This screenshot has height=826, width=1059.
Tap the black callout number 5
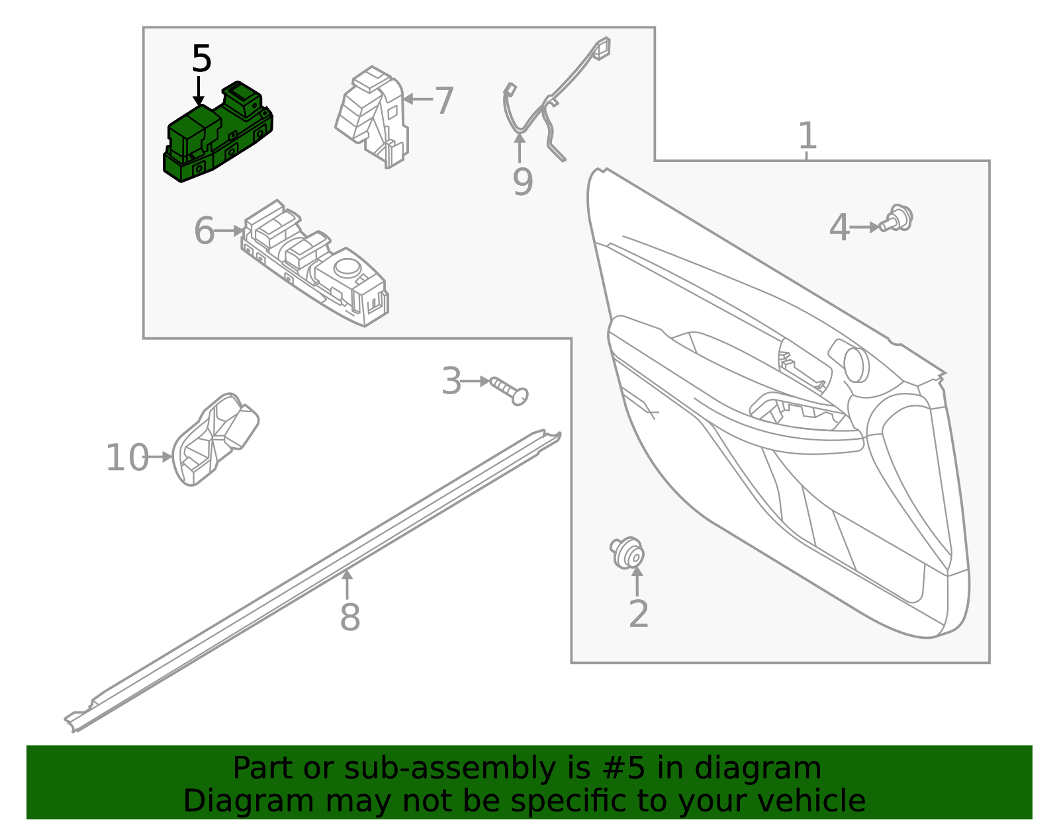[201, 60]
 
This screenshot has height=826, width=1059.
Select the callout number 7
[443, 101]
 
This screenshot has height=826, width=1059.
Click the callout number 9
[522, 181]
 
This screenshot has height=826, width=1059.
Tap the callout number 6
[204, 231]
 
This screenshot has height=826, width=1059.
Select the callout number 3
[451, 382]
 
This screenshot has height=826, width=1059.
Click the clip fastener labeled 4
[898, 219]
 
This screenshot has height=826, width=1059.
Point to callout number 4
[839, 228]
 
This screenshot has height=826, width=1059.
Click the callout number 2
[638, 614]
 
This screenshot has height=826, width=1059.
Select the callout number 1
[807, 136]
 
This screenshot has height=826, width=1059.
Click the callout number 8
[349, 618]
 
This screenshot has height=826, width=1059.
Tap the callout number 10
[127, 458]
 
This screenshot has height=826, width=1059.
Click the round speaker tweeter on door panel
[856, 364]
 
